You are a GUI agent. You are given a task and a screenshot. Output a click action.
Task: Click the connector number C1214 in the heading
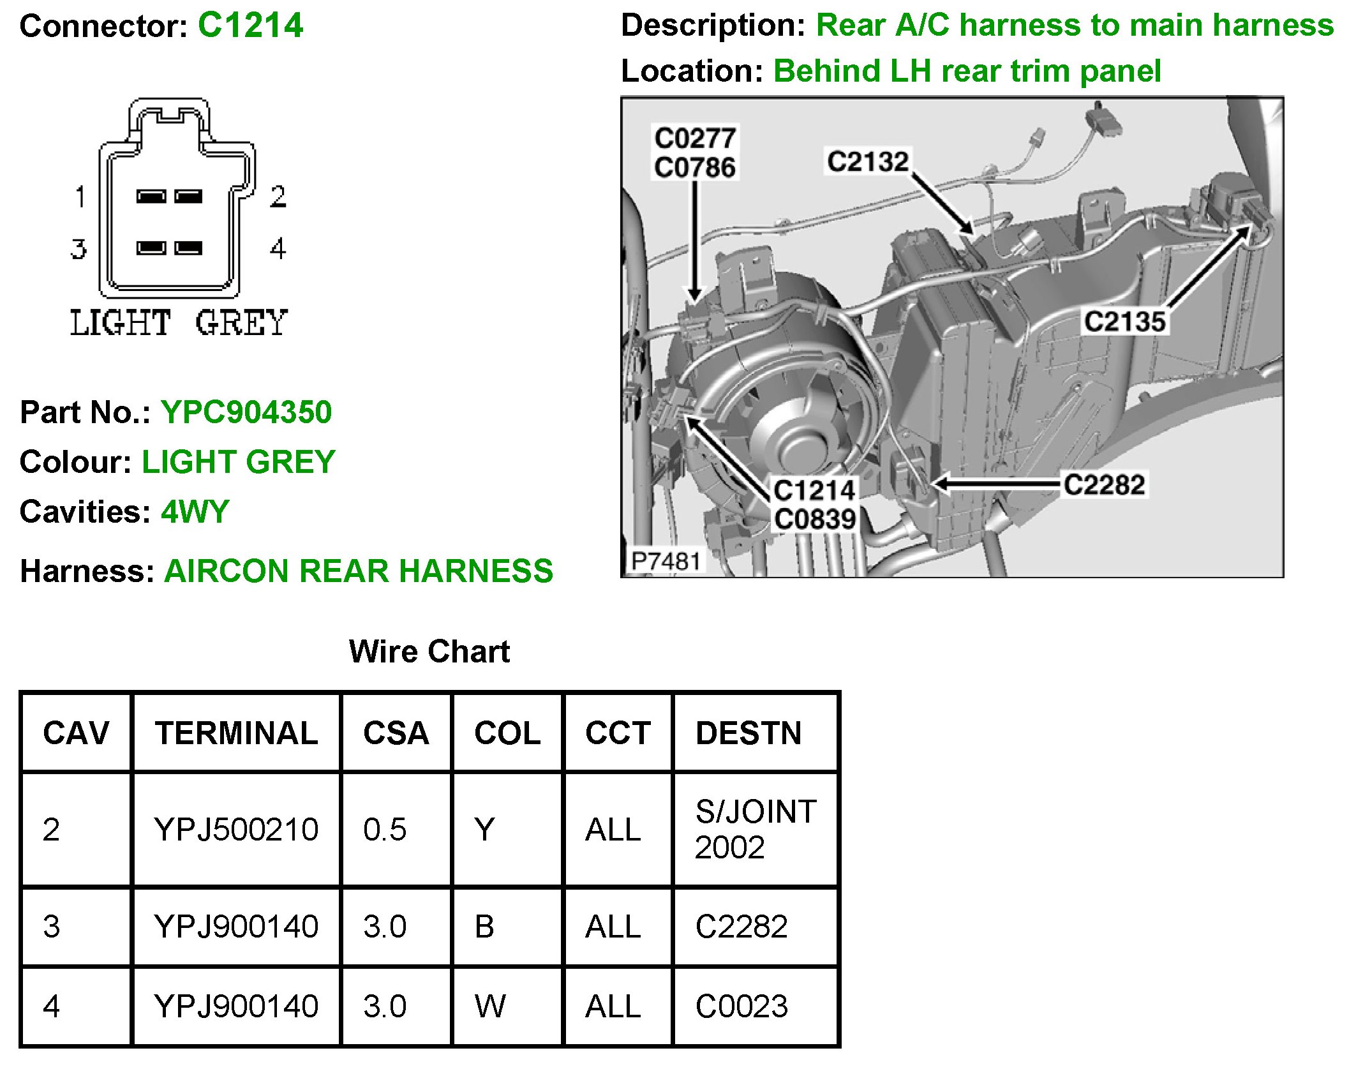pyautogui.click(x=250, y=26)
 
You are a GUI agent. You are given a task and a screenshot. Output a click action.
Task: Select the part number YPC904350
pyautogui.click(x=246, y=412)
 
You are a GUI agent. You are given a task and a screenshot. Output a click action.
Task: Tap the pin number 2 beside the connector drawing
pyautogui.click(x=278, y=197)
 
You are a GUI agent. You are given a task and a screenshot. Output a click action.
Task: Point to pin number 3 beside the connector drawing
pyautogui.click(x=78, y=249)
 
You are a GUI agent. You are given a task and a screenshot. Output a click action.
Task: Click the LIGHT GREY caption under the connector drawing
pyautogui.click(x=179, y=322)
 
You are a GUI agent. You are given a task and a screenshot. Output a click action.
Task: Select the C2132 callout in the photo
pyautogui.click(x=867, y=161)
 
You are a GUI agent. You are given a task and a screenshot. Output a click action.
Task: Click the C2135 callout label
pyautogui.click(x=1125, y=321)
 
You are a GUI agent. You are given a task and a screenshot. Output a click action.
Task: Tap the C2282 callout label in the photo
pyautogui.click(x=1104, y=484)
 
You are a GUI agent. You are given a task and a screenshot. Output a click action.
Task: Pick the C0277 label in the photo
pyautogui.click(x=695, y=138)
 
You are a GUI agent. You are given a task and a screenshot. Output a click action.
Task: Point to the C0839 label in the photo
pyautogui.click(x=815, y=519)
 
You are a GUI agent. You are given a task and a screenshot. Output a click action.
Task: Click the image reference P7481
pyautogui.click(x=666, y=561)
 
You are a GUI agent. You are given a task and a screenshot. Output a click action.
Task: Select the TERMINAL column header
pyautogui.click(x=236, y=733)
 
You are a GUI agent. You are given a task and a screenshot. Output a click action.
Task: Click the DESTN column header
pyautogui.click(x=749, y=733)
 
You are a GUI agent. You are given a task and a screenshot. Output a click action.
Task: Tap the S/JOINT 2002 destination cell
pyautogui.click(x=756, y=829)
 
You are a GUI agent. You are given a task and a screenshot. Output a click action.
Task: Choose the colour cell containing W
pyautogui.click(x=490, y=1006)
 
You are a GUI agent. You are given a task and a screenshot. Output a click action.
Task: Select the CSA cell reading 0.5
pyautogui.click(x=385, y=829)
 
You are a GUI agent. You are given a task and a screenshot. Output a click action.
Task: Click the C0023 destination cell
pyautogui.click(x=741, y=1006)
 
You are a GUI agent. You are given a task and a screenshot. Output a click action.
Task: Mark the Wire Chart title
pyautogui.click(x=429, y=652)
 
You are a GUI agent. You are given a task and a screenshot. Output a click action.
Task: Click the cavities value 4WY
pyautogui.click(x=195, y=511)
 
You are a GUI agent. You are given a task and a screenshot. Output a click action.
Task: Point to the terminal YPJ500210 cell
pyautogui.click(x=236, y=829)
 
